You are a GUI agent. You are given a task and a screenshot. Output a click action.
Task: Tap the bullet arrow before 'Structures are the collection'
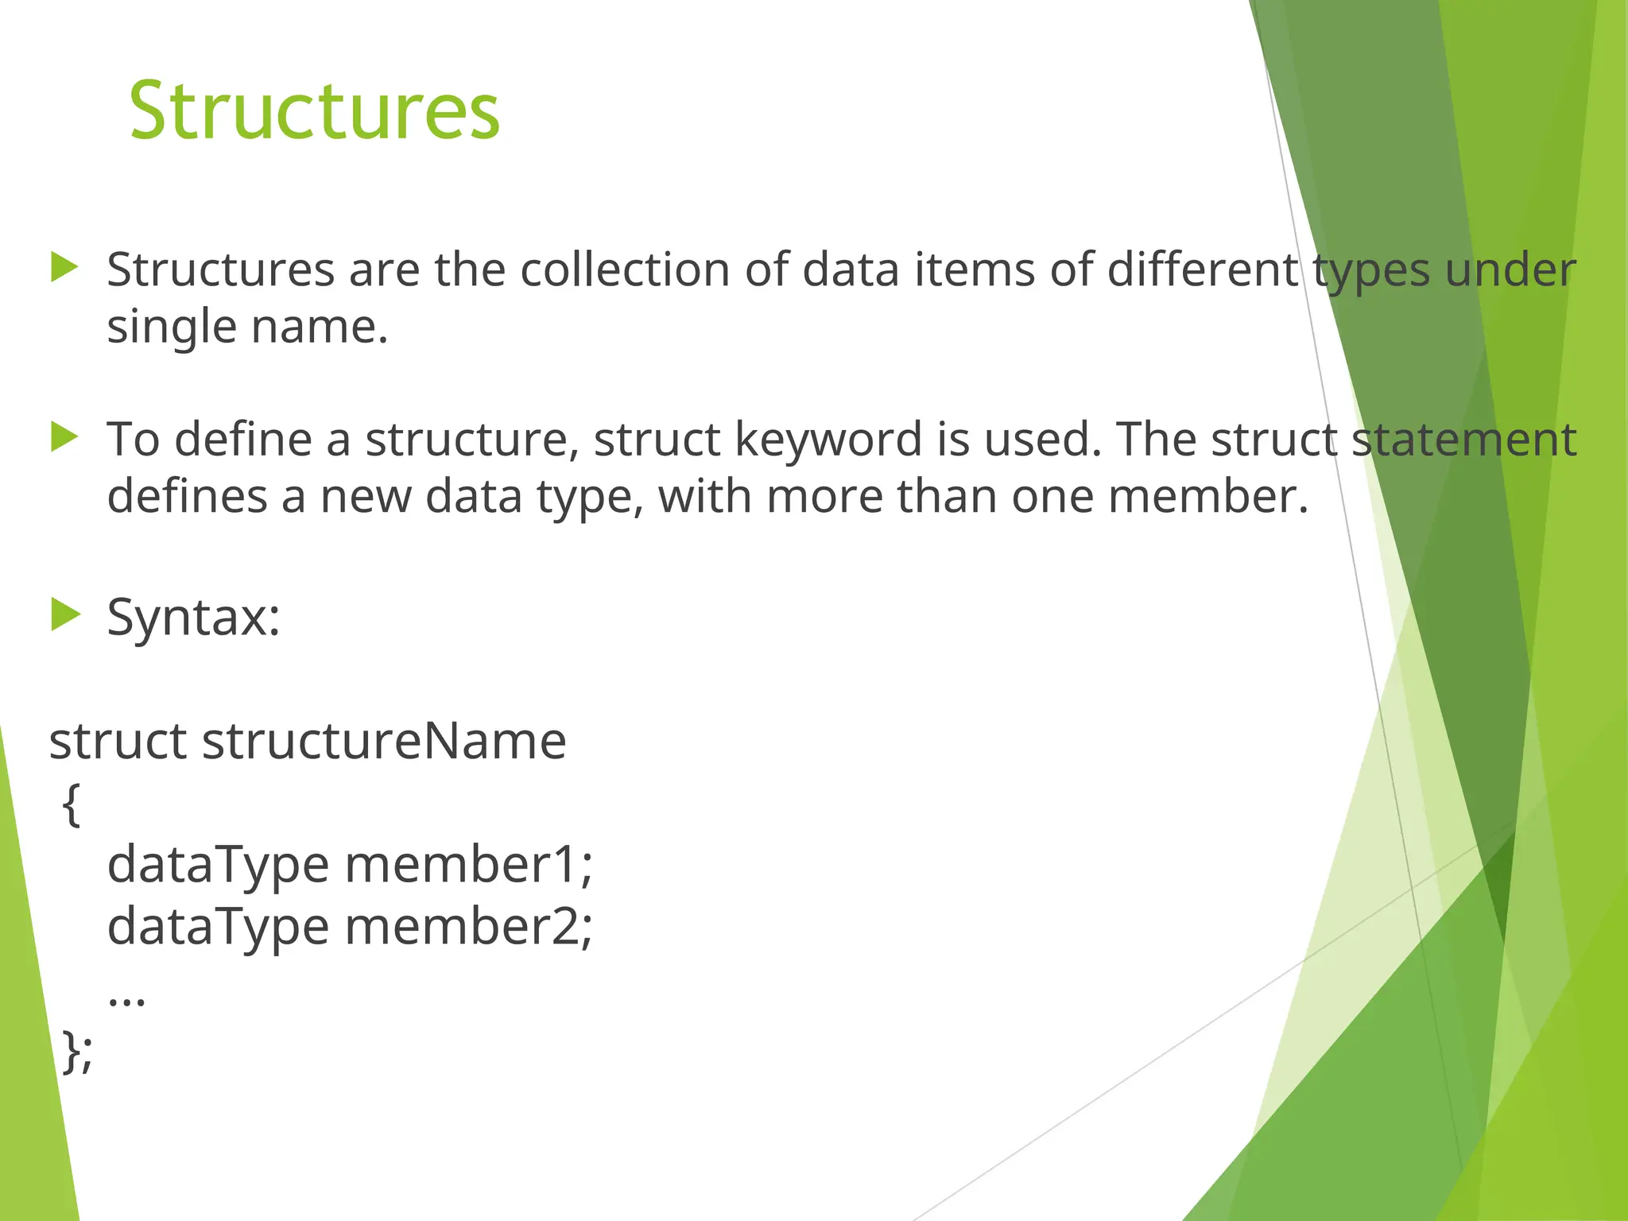pyautogui.click(x=64, y=268)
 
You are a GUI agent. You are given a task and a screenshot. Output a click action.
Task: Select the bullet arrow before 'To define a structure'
pyautogui.click(x=64, y=437)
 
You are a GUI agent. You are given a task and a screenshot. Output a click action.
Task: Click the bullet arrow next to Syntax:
pyautogui.click(x=64, y=615)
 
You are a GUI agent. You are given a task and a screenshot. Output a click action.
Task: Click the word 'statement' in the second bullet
pyautogui.click(x=1464, y=439)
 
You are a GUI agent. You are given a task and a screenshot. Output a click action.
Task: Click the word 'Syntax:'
pyautogui.click(x=194, y=618)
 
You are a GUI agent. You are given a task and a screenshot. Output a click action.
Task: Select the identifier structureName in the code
pyautogui.click(x=384, y=741)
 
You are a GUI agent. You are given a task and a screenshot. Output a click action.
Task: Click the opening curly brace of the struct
pyautogui.click(x=72, y=805)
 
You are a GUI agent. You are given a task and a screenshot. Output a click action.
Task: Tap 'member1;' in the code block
pyautogui.click(x=469, y=864)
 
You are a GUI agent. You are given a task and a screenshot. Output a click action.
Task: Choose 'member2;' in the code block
pyautogui.click(x=469, y=926)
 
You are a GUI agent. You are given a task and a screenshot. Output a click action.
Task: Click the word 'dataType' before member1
pyautogui.click(x=218, y=866)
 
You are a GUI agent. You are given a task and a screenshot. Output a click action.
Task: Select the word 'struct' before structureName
pyautogui.click(x=118, y=741)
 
